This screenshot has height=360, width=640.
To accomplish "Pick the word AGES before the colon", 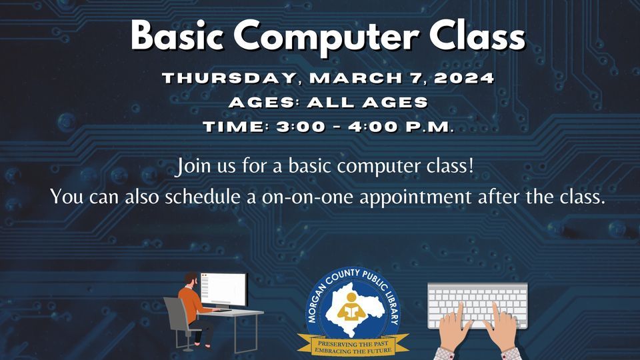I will [253, 103].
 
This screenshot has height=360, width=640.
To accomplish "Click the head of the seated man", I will [191, 279].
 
